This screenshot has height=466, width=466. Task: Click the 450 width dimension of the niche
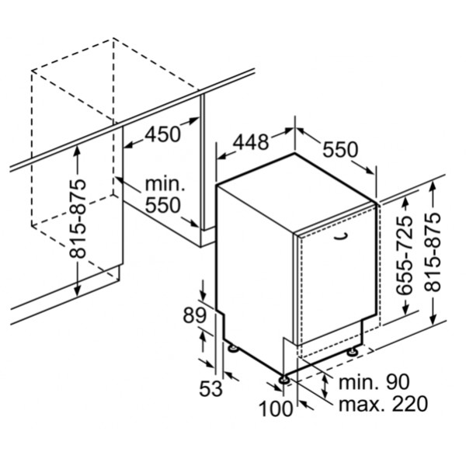[163, 134]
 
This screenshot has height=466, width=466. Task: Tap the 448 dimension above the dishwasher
[251, 142]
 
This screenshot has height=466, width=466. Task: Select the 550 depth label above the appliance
[340, 149]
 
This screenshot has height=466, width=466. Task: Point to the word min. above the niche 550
[165, 185]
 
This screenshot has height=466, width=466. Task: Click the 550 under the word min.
[163, 205]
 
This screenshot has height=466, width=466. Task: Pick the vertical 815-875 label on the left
[78, 218]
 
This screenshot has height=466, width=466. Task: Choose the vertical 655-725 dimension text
[405, 255]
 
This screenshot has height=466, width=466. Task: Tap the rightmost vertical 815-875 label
[433, 252]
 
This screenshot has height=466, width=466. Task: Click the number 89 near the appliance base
[194, 315]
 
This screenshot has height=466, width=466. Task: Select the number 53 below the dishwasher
[210, 388]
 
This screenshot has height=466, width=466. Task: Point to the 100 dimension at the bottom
[276, 409]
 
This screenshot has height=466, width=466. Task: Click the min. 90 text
[374, 382]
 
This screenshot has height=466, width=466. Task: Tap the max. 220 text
[384, 404]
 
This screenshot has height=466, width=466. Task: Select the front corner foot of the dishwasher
[284, 381]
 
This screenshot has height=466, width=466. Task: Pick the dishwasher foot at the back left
[233, 348]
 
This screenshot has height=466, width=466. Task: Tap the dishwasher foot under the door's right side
[353, 352]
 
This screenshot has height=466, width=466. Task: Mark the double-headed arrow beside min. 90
[325, 386]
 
